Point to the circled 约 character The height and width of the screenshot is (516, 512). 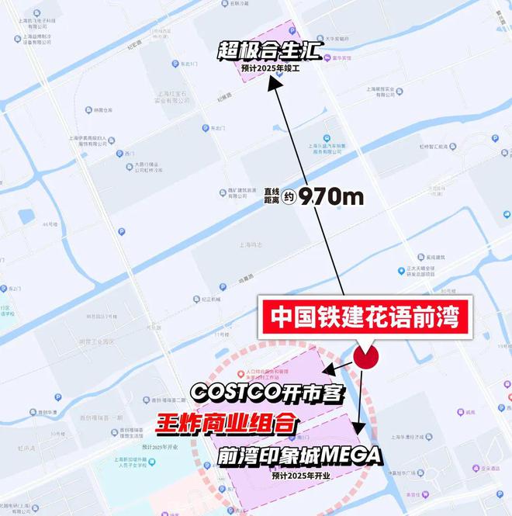coord(289,197)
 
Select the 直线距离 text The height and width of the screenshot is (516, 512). coord(271,197)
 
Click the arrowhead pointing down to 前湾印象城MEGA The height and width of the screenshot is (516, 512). coord(358,429)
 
